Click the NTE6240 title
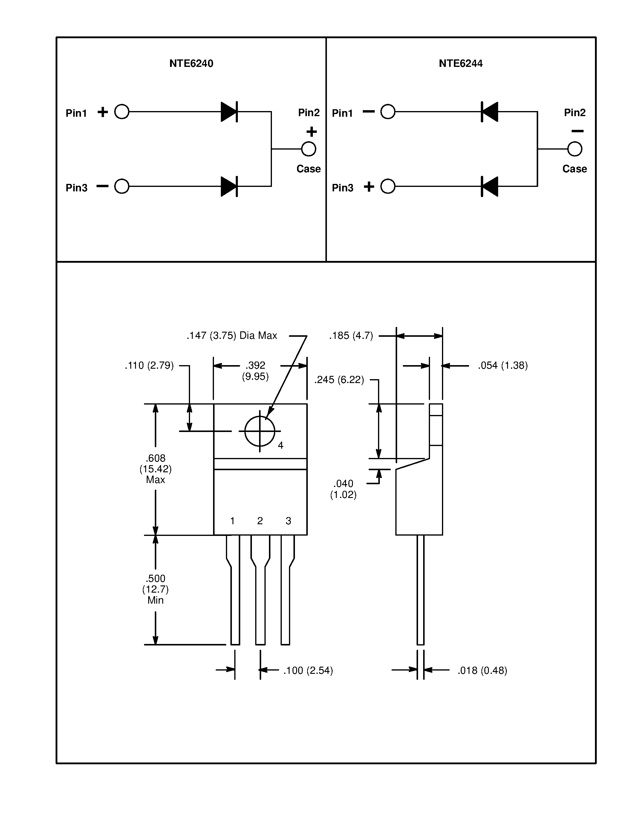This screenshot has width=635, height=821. (191, 63)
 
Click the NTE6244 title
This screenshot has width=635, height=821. (460, 63)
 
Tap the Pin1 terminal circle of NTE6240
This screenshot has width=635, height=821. (122, 112)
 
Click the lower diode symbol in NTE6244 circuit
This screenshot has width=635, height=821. (489, 187)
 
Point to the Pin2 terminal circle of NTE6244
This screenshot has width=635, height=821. (574, 149)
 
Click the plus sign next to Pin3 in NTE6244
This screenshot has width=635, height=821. (369, 187)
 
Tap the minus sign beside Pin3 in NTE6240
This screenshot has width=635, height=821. (102, 186)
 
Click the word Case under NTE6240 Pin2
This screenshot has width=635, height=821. (308, 169)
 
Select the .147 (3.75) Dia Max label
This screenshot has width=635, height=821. (232, 335)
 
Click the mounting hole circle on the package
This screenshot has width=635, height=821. (260, 431)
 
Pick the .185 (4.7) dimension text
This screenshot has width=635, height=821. (351, 335)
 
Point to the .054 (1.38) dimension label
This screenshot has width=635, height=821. (503, 365)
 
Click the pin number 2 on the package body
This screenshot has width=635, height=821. (260, 521)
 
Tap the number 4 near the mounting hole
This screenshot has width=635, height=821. (280, 445)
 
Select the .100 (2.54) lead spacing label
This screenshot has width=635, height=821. (308, 670)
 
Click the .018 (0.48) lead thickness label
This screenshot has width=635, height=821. (482, 670)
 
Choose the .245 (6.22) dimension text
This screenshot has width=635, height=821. (339, 380)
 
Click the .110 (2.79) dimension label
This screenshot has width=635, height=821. (149, 365)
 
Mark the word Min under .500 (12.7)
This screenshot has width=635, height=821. (155, 600)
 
